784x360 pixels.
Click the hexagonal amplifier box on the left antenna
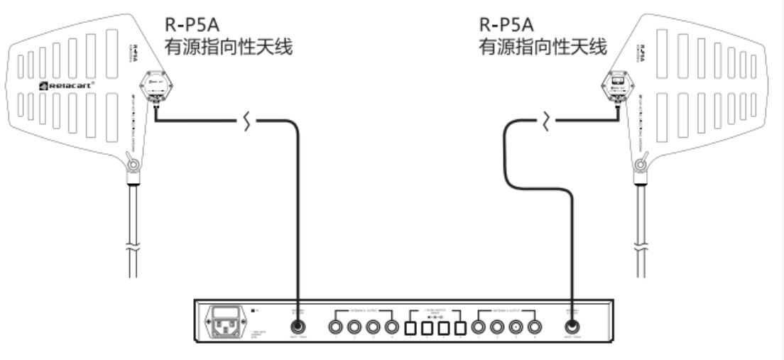(157, 88)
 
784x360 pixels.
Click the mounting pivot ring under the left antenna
(133, 166)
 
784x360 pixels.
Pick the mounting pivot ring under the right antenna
(641, 166)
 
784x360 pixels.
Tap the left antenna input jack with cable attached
(298, 327)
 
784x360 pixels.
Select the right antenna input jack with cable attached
(573, 327)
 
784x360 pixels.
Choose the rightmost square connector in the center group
(460, 328)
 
